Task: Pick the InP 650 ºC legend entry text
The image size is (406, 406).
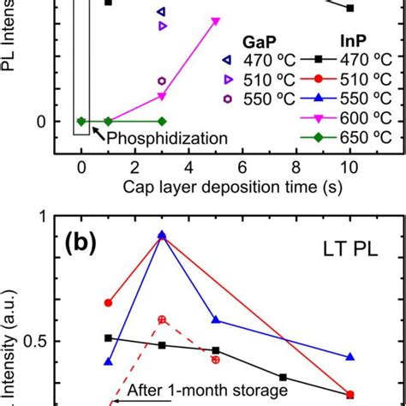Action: [361, 137]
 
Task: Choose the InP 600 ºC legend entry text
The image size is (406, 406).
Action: [361, 117]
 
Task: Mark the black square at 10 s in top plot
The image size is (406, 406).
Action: [350, 9]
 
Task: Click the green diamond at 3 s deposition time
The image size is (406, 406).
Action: [162, 121]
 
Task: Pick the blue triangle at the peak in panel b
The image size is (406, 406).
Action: [162, 235]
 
